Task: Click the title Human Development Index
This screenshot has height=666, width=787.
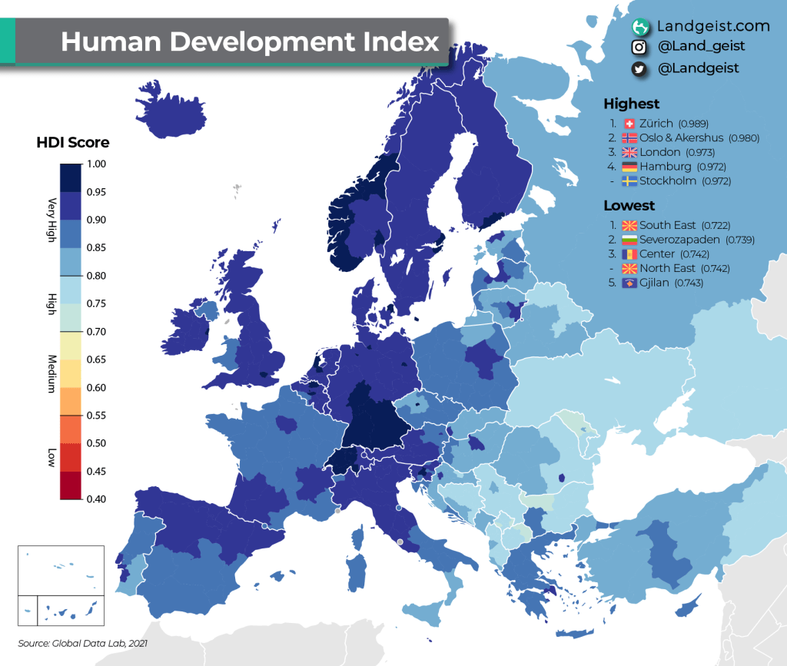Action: [250, 41]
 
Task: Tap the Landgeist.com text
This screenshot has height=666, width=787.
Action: [713, 26]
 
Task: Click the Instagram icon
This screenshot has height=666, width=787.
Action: [638, 47]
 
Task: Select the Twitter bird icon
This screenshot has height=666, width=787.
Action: [638, 68]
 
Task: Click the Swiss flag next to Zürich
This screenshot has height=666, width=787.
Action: [629, 124]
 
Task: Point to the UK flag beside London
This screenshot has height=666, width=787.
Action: [629, 152]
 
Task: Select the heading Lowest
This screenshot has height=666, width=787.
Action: [629, 205]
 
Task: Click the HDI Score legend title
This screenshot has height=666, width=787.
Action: [73, 142]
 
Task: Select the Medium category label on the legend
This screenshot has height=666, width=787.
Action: [51, 373]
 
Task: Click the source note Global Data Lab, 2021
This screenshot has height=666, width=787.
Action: [82, 642]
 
